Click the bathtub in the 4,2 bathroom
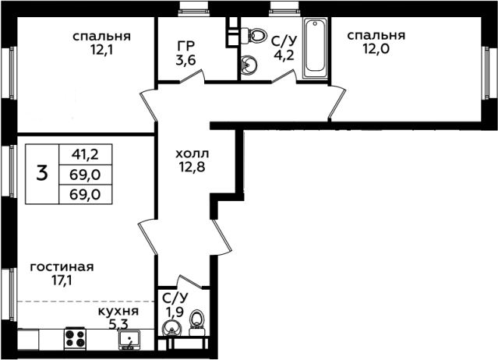click(314, 48)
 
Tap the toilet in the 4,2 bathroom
click(254, 34)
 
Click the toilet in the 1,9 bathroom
click(197, 323)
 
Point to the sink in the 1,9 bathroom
click(171, 327)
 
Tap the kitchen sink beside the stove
click(129, 340)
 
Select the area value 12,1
click(101, 50)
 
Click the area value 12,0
click(376, 49)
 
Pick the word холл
click(192, 154)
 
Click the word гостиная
click(62, 267)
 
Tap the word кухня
click(118, 312)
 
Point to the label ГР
click(186, 46)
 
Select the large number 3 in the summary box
click(42, 174)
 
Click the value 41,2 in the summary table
click(85, 154)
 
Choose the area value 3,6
click(185, 60)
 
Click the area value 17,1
click(62, 281)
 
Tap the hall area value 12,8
click(192, 167)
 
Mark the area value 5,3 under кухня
click(118, 324)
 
